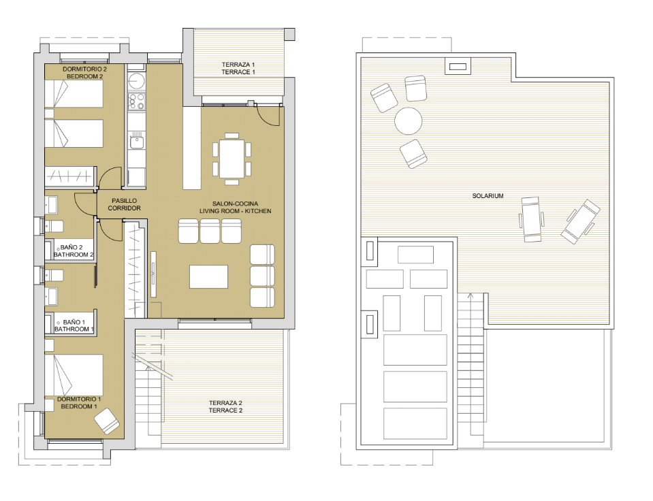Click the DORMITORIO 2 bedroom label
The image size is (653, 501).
coord(85,73)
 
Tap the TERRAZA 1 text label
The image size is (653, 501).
coord(238,68)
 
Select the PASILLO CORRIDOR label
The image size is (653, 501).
coord(124,204)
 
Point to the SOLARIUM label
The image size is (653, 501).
coord(488,196)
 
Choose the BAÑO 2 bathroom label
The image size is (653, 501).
coord(73,251)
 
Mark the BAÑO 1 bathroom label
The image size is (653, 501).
coord(74,325)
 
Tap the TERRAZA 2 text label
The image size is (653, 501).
coord(225,406)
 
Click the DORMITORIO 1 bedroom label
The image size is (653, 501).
coord(79,402)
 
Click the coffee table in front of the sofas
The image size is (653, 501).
coord(208,276)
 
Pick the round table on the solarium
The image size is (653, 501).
coord(409,122)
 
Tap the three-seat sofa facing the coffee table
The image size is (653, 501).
coord(210,231)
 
